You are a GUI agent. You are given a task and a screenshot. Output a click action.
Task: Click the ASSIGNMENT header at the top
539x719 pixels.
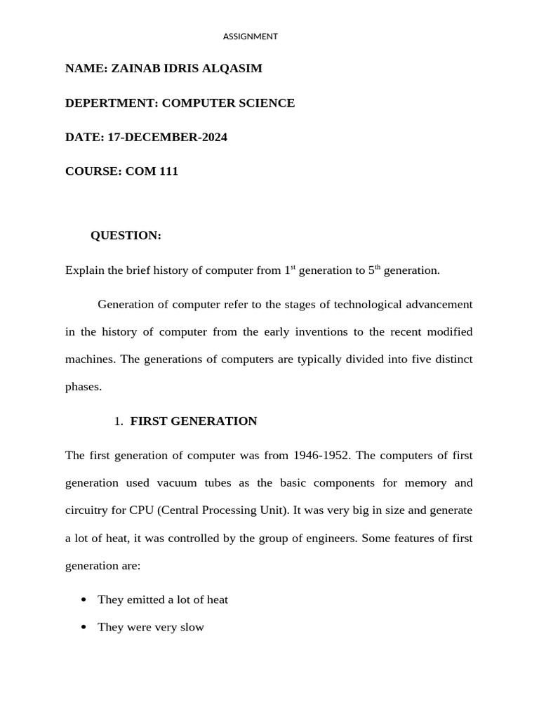(251, 37)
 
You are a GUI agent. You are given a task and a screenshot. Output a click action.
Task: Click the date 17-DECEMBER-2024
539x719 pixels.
(167, 137)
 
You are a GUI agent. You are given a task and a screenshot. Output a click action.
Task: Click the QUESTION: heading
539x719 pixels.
(126, 236)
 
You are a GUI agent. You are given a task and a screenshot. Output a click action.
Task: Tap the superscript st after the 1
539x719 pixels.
(293, 267)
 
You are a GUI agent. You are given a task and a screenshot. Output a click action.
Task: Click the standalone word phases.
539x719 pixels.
(84, 387)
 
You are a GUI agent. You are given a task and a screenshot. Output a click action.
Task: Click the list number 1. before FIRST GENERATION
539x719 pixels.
(118, 421)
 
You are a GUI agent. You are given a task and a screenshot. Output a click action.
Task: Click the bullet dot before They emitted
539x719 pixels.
(84, 600)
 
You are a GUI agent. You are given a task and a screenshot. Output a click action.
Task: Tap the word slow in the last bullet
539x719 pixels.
(192, 627)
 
